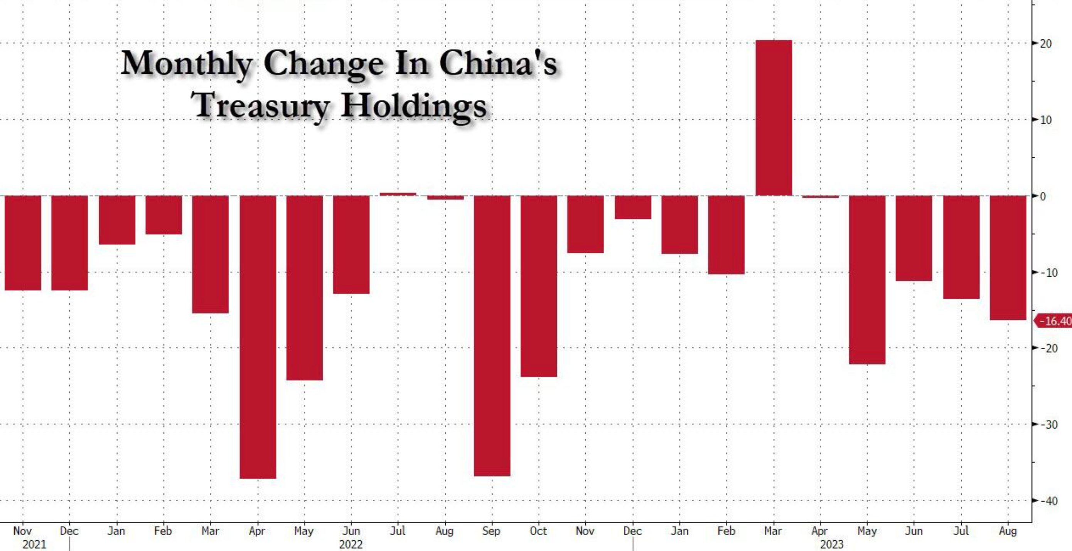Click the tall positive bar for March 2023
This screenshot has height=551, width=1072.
pyautogui.click(x=774, y=118)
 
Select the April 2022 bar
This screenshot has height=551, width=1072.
pyautogui.click(x=258, y=336)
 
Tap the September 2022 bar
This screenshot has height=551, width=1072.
pyautogui.click(x=492, y=335)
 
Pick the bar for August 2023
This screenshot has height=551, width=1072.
pyautogui.click(x=1008, y=257)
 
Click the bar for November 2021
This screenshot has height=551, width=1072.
pyautogui.click(x=23, y=243)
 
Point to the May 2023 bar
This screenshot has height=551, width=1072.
pyautogui.click(x=867, y=279)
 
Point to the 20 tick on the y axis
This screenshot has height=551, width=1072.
pyautogui.click(x=1045, y=44)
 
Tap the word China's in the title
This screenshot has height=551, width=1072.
pyautogui.click(x=498, y=64)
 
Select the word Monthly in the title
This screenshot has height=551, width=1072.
pyautogui.click(x=187, y=64)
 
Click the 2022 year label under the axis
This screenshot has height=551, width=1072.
pyautogui.click(x=351, y=544)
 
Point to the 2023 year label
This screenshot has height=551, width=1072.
pyautogui.click(x=831, y=544)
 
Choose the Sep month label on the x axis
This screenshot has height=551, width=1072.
pyautogui.click(x=492, y=531)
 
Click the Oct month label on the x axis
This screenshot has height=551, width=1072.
pyautogui.click(x=538, y=531)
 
